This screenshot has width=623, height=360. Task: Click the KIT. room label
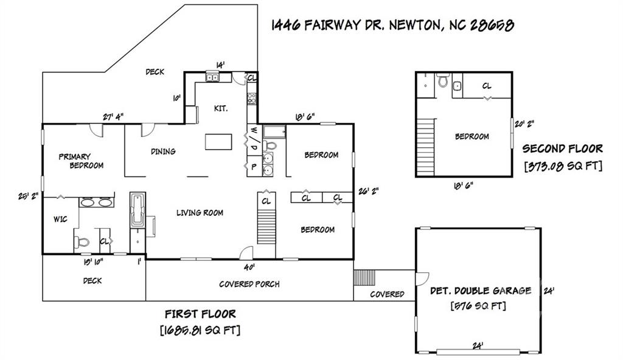click(221, 108)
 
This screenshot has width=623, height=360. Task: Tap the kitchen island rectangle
click(218, 142)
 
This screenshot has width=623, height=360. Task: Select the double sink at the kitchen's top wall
click(212, 77)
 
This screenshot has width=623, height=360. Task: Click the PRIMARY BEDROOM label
click(81, 161)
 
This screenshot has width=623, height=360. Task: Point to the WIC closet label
click(60, 219)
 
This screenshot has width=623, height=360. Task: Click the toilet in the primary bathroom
click(82, 241)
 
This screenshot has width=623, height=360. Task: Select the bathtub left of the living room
click(137, 209)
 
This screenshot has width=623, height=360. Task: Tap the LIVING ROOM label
click(200, 213)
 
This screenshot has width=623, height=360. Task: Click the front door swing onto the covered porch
click(246, 253)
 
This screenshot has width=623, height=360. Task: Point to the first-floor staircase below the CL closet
click(266, 226)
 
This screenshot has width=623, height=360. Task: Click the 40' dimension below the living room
click(249, 267)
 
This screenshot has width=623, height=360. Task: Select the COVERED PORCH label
click(249, 284)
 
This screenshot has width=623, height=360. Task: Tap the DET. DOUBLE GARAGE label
click(481, 291)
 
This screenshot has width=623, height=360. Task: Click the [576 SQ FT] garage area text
click(478, 306)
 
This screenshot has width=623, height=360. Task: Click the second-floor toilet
click(443, 80)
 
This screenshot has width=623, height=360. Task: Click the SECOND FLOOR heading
click(563, 148)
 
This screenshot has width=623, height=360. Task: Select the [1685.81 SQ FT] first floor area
click(200, 330)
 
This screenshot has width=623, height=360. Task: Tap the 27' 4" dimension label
click(113, 117)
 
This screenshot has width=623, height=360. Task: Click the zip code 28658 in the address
click(492, 25)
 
